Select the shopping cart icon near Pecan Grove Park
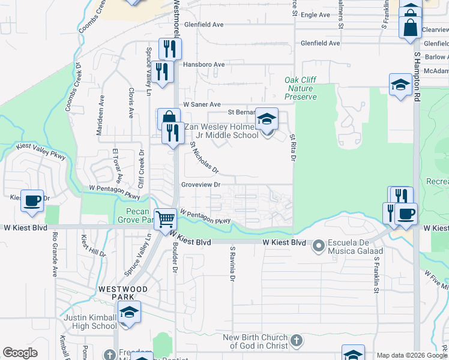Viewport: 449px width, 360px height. (165, 219)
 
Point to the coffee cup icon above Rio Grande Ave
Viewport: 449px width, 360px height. (32, 200)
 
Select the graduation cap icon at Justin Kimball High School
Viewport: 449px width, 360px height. (128, 313)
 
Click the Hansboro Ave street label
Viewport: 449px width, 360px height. (203, 65)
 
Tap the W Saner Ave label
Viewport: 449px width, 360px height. (202, 104)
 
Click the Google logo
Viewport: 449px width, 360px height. (20, 353)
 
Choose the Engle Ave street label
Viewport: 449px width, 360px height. (316, 15)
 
